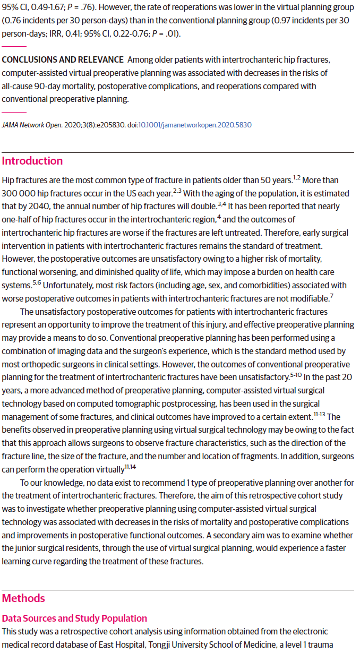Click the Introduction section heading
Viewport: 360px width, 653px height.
pos(32,161)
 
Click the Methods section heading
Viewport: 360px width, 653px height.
pos(23,598)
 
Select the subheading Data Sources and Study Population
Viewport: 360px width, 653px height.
pos(74,618)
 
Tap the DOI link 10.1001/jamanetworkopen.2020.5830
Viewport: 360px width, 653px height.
pos(195,125)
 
